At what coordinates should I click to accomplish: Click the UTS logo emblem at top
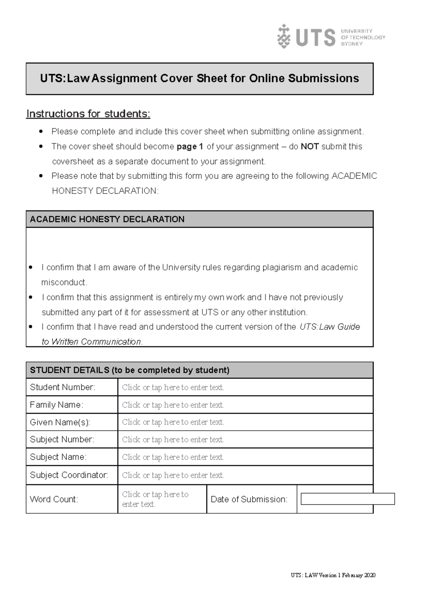[284, 36]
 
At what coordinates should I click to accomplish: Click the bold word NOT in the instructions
[310, 147]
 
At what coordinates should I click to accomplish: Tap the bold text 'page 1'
[190, 147]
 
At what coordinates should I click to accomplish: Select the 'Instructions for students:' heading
[88, 114]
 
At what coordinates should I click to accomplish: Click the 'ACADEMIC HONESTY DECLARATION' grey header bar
[199, 219]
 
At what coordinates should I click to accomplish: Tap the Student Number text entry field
[245, 387]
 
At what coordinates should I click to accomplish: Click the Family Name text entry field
[245, 405]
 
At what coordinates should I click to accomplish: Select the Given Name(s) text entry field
[245, 422]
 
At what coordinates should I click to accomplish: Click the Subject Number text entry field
[245, 440]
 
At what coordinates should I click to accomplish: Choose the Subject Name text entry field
[245, 457]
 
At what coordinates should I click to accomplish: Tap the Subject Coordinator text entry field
[245, 475]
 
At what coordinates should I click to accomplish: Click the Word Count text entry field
[162, 499]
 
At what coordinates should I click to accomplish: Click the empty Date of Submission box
[348, 499]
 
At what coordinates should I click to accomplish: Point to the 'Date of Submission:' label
[249, 499]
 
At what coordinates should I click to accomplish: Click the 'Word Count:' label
[54, 499]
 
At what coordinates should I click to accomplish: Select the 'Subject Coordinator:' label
[69, 475]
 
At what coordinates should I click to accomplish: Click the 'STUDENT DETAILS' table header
[199, 370]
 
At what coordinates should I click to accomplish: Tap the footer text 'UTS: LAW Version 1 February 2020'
[333, 576]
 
